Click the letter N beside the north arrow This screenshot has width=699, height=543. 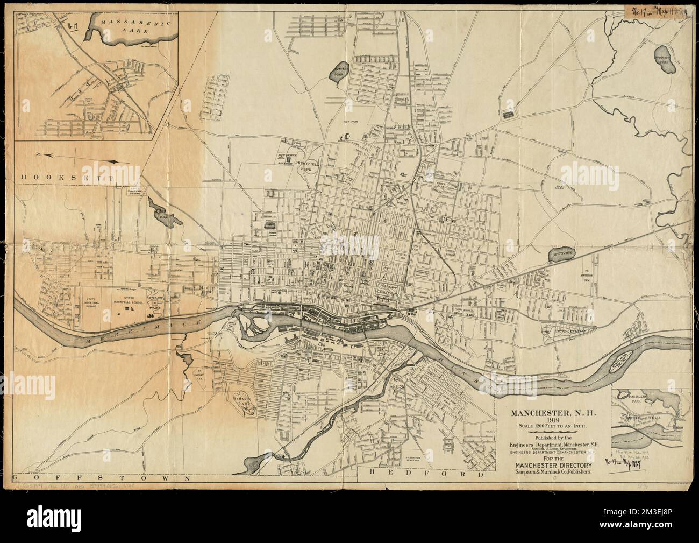click(x=38, y=155)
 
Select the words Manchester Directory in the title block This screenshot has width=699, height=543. click(x=552, y=465)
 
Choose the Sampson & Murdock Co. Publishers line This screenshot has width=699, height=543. click(x=552, y=472)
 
